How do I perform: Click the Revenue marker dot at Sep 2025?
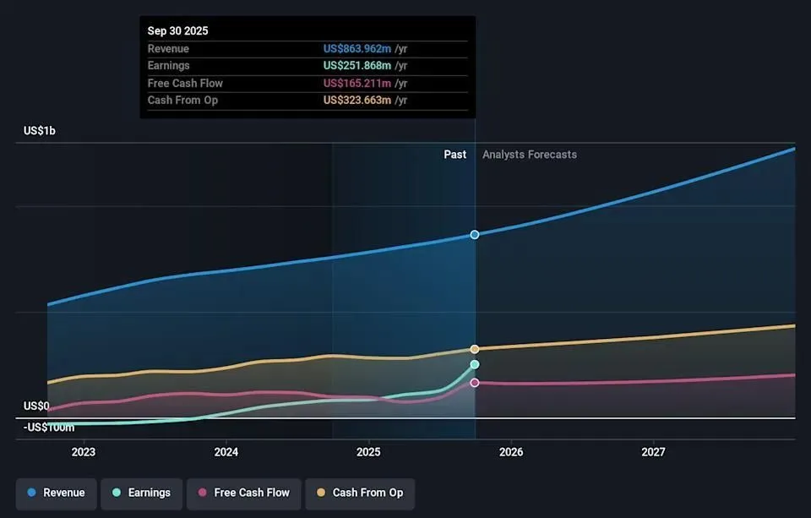(x=475, y=234)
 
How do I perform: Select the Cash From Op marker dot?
(x=475, y=349)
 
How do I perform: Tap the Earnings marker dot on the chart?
(x=475, y=364)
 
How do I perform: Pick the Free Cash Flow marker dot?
(x=475, y=383)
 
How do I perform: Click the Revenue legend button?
(x=56, y=493)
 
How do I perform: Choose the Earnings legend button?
(x=140, y=493)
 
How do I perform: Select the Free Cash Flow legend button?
(x=243, y=493)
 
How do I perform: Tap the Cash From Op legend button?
(x=360, y=493)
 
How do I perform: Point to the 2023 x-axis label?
(x=84, y=452)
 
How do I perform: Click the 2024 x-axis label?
(x=226, y=452)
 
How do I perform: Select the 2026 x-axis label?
(x=511, y=452)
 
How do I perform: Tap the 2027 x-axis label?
(x=653, y=452)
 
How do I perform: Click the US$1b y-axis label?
(x=40, y=131)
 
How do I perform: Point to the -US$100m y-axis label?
(x=49, y=428)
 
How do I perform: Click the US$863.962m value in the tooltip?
(x=357, y=49)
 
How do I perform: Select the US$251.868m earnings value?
(x=357, y=66)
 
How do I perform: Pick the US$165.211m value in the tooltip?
(x=357, y=83)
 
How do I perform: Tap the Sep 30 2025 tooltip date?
(x=178, y=30)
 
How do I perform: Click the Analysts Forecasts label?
(x=530, y=155)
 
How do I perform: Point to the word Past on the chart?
(x=455, y=155)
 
